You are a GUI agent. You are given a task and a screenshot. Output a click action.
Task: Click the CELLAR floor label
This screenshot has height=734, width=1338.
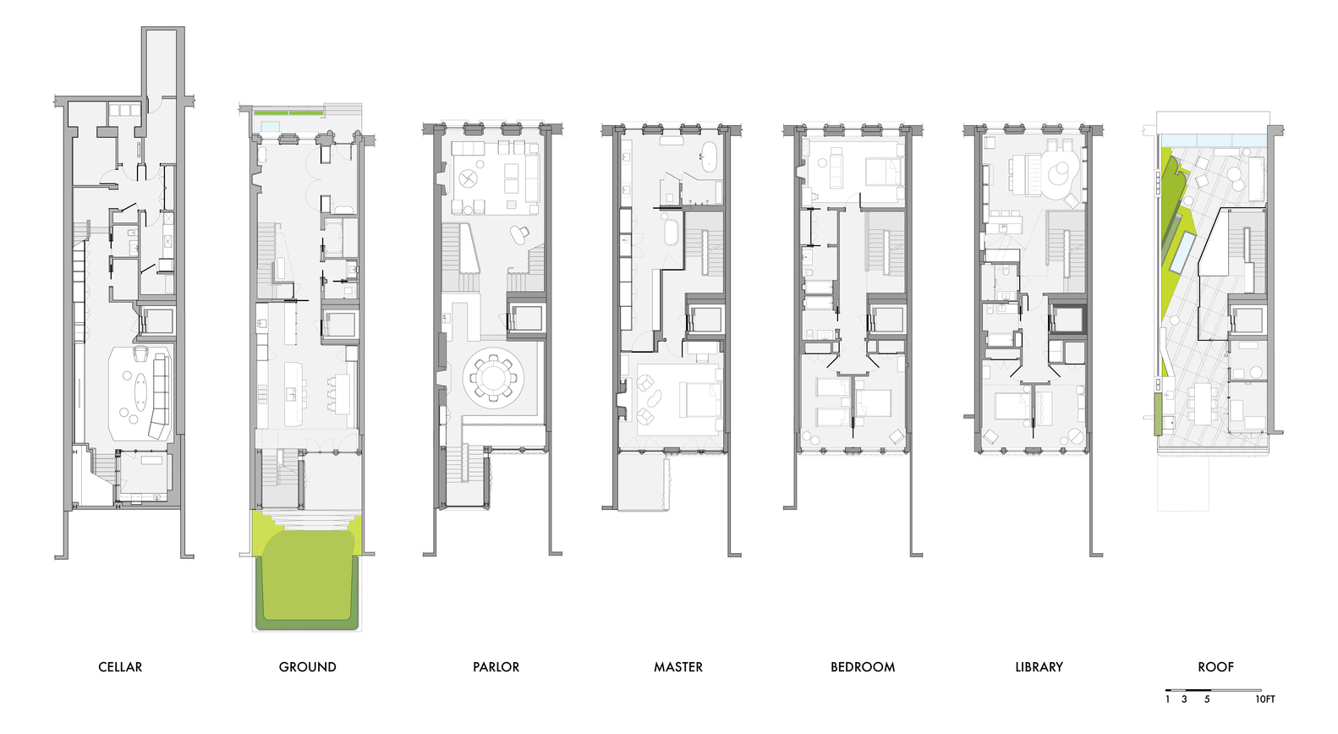pyautogui.click(x=120, y=667)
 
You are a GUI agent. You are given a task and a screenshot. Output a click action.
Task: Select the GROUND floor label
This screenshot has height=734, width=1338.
pyautogui.click(x=308, y=667)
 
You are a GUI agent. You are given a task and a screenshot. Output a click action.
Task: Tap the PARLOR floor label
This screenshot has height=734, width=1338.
pyautogui.click(x=496, y=667)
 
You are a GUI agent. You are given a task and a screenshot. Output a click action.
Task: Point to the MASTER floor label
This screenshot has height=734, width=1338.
pyautogui.click(x=678, y=667)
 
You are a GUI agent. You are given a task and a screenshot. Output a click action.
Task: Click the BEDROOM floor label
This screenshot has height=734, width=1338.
pyautogui.click(x=863, y=667)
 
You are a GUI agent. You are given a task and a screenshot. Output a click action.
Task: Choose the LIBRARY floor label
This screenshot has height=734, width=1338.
pyautogui.click(x=1039, y=667)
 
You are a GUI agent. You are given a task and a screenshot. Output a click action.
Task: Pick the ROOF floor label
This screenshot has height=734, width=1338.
pyautogui.click(x=1215, y=667)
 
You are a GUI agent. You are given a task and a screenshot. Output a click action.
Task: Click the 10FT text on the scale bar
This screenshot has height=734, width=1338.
pyautogui.click(x=1265, y=699)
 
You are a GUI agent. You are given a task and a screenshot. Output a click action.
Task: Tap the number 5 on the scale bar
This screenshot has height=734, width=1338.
pyautogui.click(x=1207, y=699)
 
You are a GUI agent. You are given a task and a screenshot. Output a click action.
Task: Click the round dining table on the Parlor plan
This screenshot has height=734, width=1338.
pyautogui.click(x=493, y=377)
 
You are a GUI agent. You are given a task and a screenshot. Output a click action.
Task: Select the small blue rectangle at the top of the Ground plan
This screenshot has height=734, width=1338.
pyautogui.click(x=271, y=126)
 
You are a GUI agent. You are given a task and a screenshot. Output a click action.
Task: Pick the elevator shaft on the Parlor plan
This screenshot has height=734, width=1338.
pyautogui.click(x=525, y=318)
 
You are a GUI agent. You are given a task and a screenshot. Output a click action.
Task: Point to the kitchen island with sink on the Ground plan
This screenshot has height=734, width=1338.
pyautogui.click(x=293, y=393)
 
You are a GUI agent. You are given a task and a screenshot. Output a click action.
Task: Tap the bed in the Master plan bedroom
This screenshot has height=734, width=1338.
pyautogui.click(x=699, y=399)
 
